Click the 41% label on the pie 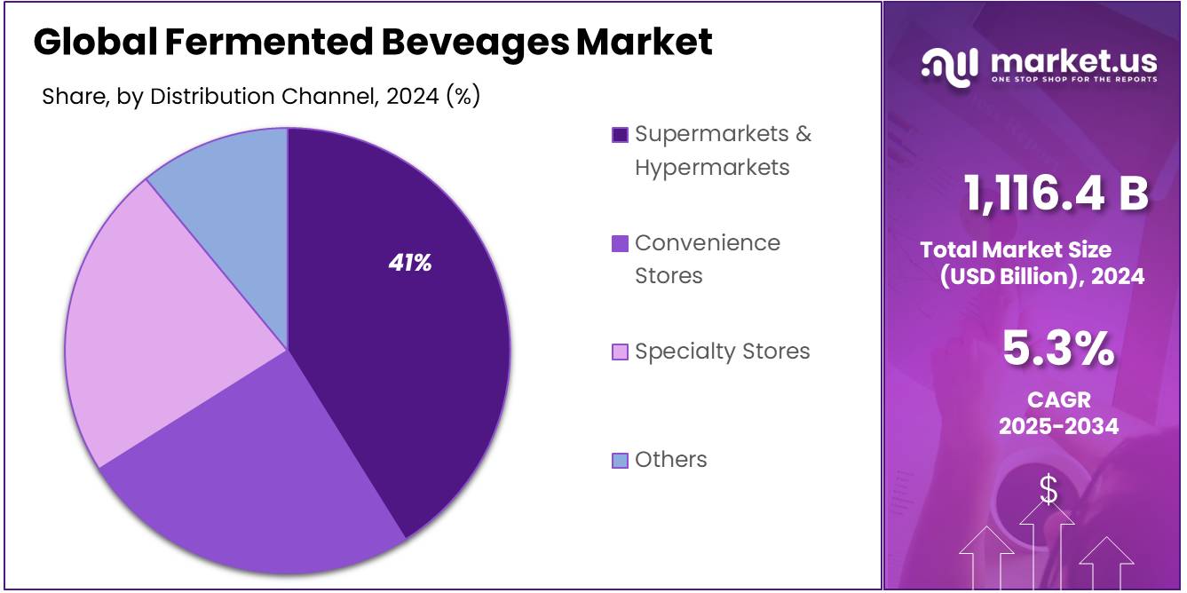409,263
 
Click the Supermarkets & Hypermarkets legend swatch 620,135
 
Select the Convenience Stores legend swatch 620,244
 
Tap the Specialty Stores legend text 722,352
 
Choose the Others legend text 670,460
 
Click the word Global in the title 93,42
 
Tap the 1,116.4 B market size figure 1056,194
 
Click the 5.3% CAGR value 1058,348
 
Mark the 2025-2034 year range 1058,426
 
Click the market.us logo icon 951,65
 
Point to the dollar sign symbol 1049,489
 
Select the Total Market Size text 1016,249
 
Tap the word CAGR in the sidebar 1058,399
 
